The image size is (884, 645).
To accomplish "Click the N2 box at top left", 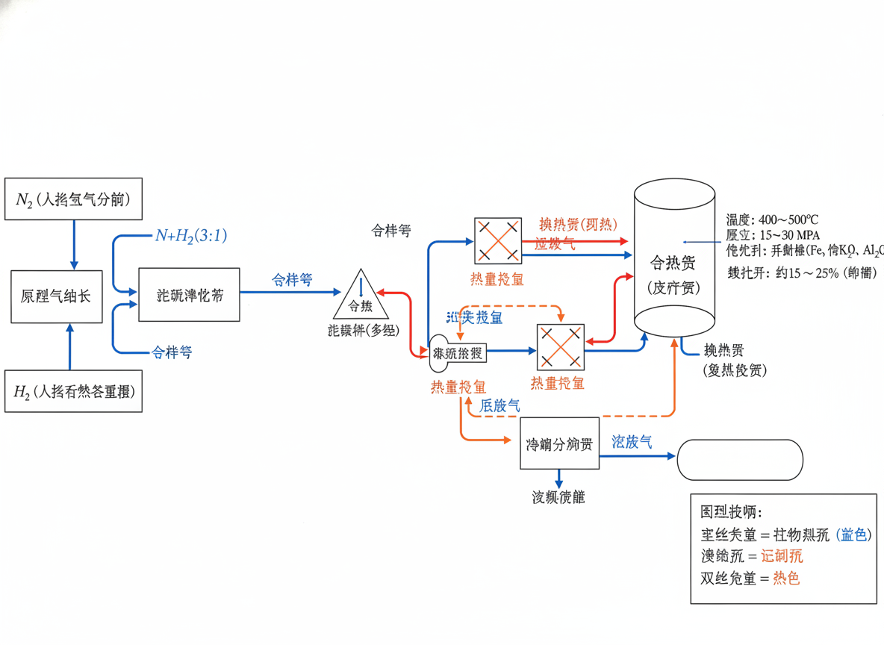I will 73,199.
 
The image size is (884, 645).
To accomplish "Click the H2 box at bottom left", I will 73,390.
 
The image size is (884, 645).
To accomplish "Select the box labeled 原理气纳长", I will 56,296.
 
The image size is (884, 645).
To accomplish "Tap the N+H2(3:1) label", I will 190,236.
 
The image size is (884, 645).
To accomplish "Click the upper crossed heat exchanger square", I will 497,240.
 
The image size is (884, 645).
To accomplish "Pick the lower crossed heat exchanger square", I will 560,347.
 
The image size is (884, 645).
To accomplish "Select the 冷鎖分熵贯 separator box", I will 559,443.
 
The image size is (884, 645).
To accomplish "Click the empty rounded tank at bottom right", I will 739,459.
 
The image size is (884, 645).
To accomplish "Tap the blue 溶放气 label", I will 632,442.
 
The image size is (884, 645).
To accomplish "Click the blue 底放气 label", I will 500,406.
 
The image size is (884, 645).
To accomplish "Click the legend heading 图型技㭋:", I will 731,513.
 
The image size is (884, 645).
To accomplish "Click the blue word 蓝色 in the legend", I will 853,535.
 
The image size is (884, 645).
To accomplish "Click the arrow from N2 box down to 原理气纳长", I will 73,245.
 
